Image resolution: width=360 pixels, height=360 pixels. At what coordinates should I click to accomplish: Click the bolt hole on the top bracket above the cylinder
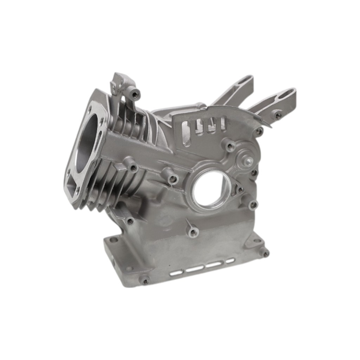tap(136, 93)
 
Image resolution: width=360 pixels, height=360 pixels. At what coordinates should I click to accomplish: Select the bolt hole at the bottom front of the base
tap(144, 280)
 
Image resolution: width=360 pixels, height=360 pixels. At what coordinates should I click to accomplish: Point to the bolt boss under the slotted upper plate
tap(229, 146)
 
